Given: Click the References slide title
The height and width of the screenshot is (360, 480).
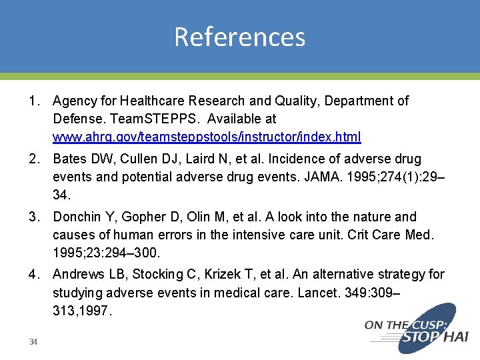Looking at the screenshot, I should (x=239, y=37).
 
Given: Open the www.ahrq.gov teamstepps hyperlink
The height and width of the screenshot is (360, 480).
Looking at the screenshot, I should (x=207, y=137).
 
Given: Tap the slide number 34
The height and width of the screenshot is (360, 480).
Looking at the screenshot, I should (x=33, y=342).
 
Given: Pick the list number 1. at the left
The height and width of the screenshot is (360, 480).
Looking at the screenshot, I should (x=34, y=101).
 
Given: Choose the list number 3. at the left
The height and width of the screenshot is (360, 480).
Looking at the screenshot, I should (x=34, y=217).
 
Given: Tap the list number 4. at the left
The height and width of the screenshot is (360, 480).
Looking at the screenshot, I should (x=34, y=275).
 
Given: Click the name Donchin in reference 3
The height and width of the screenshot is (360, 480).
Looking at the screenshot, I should (x=75, y=217).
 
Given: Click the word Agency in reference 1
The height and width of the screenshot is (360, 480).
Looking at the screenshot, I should (x=73, y=101).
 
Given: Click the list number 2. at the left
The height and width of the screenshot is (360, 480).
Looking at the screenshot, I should (x=34, y=159).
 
